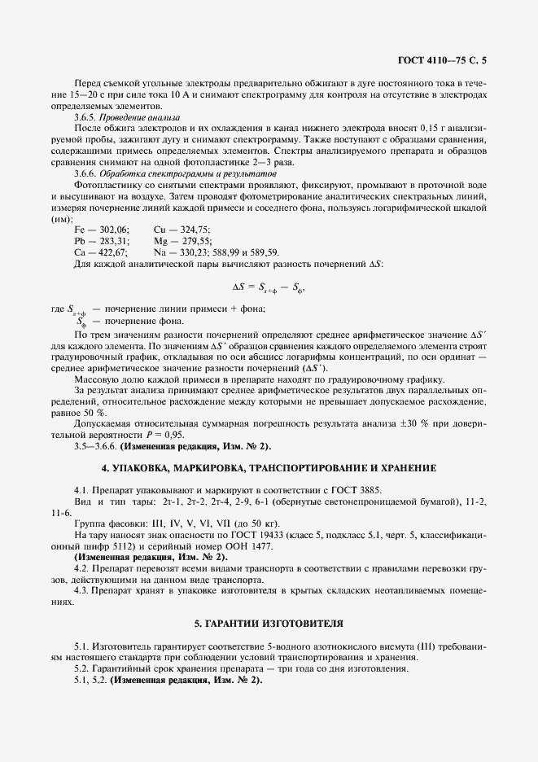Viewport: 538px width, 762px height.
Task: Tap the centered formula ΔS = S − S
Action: (269, 287)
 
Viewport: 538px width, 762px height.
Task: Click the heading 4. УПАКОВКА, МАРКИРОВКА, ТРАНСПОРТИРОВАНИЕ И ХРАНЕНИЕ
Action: (269, 470)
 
